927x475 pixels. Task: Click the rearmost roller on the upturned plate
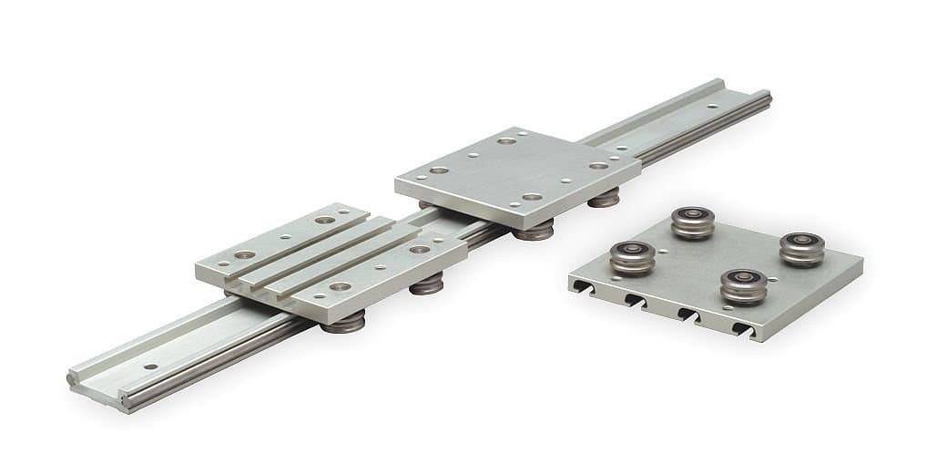coord(693,222)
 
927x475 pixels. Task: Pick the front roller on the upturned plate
coord(743,285)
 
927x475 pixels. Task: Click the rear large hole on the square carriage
coord(506,141)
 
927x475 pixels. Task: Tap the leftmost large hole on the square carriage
coord(439,170)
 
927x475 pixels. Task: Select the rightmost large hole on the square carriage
coord(598,165)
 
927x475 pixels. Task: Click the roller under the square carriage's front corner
coord(533,230)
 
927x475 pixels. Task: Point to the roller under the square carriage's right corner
coord(603,198)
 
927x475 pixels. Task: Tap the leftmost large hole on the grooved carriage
coord(244,254)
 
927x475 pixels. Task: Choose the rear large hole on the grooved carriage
coord(324,220)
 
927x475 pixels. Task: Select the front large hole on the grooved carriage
coord(340,286)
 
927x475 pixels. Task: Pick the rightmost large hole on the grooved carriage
coord(419,249)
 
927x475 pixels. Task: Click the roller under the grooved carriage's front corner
coord(342,322)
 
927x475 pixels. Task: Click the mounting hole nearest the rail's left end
coord(145,370)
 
